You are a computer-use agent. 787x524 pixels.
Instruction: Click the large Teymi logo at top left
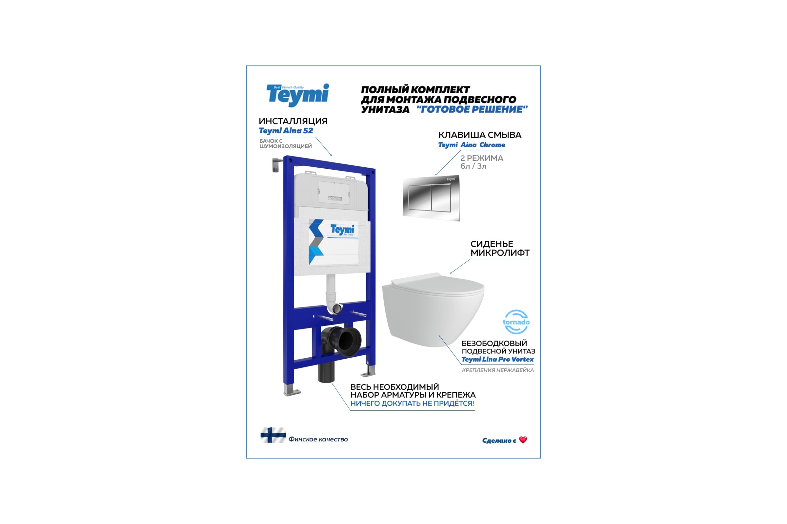297,95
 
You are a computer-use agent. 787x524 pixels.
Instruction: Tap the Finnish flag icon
273,435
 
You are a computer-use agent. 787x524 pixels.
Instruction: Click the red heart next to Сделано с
523,440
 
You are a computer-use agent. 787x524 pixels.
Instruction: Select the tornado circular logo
516,322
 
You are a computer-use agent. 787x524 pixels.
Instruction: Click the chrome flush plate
431,198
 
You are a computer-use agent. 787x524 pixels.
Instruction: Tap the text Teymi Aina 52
286,131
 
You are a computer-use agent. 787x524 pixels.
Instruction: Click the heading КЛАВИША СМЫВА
479,135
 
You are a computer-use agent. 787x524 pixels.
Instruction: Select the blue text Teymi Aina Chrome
472,145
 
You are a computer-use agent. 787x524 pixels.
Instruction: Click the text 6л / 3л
473,166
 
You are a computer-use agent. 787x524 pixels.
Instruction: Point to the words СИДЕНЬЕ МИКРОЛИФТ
499,248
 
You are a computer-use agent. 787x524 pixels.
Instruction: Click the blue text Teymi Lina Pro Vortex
497,359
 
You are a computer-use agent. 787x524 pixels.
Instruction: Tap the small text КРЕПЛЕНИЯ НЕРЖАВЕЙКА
497,370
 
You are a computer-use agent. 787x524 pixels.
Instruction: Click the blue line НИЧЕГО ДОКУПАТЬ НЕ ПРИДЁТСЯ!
412,403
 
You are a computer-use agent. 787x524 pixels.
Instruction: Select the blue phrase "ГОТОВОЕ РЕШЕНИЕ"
472,109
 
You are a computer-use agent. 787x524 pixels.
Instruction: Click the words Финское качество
318,439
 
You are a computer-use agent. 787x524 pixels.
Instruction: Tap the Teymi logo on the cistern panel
342,230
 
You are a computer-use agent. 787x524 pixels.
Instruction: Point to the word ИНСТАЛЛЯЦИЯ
293,121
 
